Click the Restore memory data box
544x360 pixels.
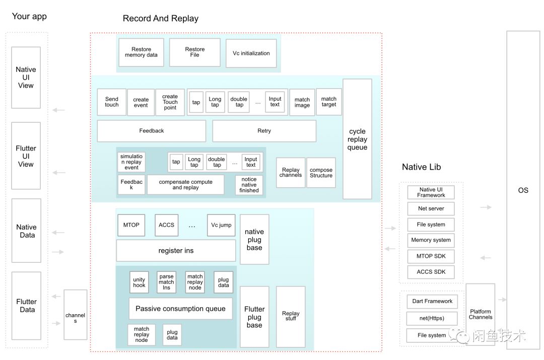[142, 52]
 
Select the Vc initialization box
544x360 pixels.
[251, 53]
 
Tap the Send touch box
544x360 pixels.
[112, 102]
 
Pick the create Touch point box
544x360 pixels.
[170, 102]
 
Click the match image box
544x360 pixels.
[302, 103]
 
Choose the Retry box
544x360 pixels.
[264, 131]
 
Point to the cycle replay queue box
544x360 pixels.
[357, 139]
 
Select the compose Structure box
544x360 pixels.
[321, 173]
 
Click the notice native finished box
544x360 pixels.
[249, 185]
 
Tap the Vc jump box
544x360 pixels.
[221, 225]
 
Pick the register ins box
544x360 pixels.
[176, 251]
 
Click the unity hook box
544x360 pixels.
[139, 282]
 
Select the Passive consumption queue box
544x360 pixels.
[180, 309]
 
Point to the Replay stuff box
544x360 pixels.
[291, 316]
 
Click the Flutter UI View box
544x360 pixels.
[26, 156]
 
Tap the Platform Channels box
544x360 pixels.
[481, 314]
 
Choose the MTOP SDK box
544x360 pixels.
[431, 256]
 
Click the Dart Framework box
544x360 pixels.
[432, 302]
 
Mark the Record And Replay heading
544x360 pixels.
[161, 19]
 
